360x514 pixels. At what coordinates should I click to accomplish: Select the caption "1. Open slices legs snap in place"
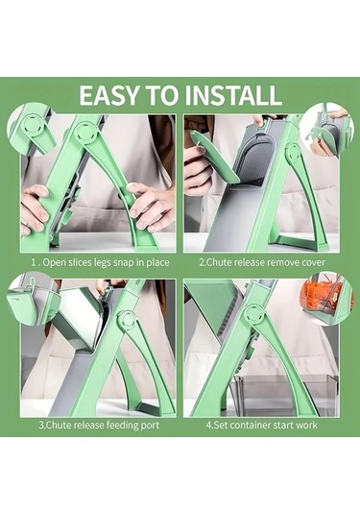94,261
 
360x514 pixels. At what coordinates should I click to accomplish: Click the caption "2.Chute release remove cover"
262,261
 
